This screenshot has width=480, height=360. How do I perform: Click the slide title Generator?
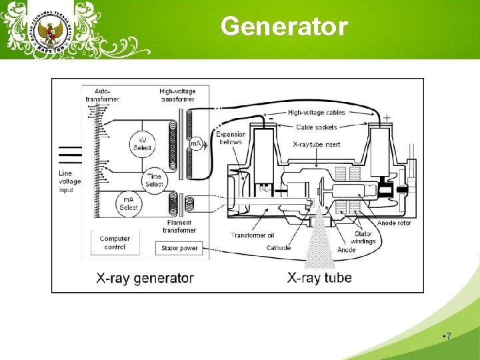284,27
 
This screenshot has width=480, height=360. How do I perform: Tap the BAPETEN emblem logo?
46,31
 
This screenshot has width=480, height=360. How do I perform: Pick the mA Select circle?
128,204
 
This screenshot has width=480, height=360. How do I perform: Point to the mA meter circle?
196,143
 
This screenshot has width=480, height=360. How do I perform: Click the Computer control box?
115,243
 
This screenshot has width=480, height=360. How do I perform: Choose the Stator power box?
179,249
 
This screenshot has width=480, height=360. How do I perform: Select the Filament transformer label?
179,227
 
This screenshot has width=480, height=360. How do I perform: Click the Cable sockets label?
317,127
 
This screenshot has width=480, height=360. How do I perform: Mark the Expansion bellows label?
231,138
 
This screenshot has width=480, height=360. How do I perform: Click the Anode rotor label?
394,223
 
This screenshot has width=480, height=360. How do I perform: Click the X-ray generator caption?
145,277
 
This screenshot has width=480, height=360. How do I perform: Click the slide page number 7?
448,337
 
